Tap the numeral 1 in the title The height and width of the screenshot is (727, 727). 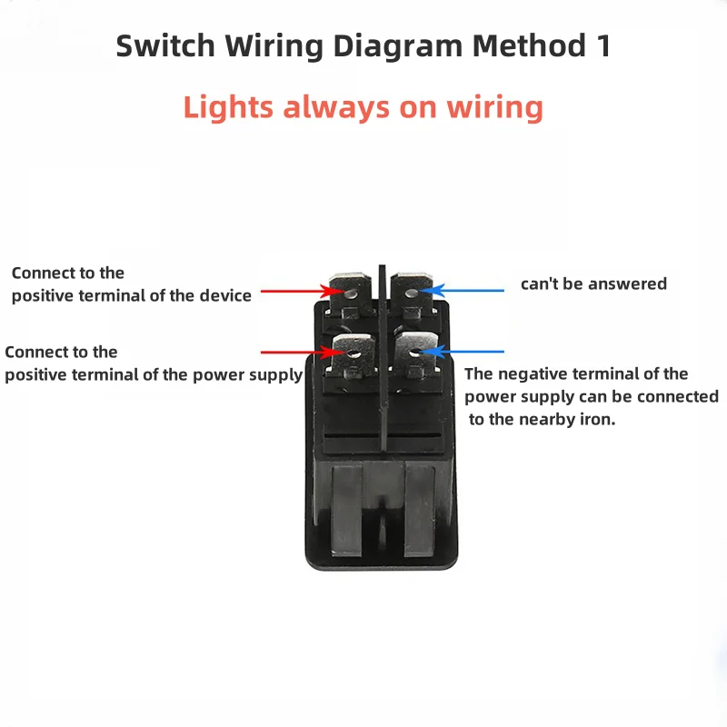(x=602, y=46)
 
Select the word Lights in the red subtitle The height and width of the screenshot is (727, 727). (x=228, y=107)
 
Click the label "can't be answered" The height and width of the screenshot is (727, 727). (x=593, y=284)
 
